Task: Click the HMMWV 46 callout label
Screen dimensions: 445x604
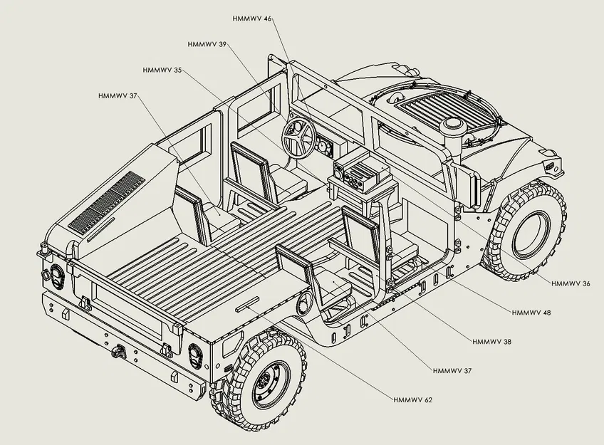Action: (252, 18)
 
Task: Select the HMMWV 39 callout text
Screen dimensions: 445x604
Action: (207, 44)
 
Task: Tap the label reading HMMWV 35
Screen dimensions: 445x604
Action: (162, 70)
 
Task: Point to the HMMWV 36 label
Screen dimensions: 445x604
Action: (571, 283)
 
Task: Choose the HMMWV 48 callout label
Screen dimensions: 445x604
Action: (531, 313)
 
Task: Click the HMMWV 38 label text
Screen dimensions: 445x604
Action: (491, 342)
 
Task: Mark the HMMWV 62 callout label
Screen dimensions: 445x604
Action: (413, 399)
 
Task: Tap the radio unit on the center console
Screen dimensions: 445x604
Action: (360, 172)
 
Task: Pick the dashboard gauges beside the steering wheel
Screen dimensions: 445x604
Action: (325, 147)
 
